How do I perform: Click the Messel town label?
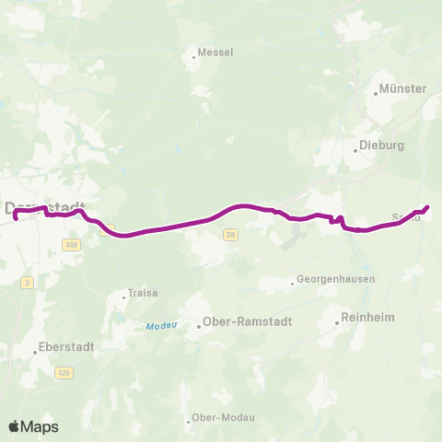tap(216, 52)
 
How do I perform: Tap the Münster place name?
tap(405, 89)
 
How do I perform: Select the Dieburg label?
tap(378, 145)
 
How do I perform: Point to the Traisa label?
tap(144, 294)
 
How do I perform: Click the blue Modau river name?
tap(158, 326)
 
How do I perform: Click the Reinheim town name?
tap(368, 318)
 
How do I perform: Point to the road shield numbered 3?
tap(29, 283)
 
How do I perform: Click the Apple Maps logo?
tap(34, 426)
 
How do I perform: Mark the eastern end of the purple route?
tap(427, 207)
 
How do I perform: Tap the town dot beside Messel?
tap(194, 57)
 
